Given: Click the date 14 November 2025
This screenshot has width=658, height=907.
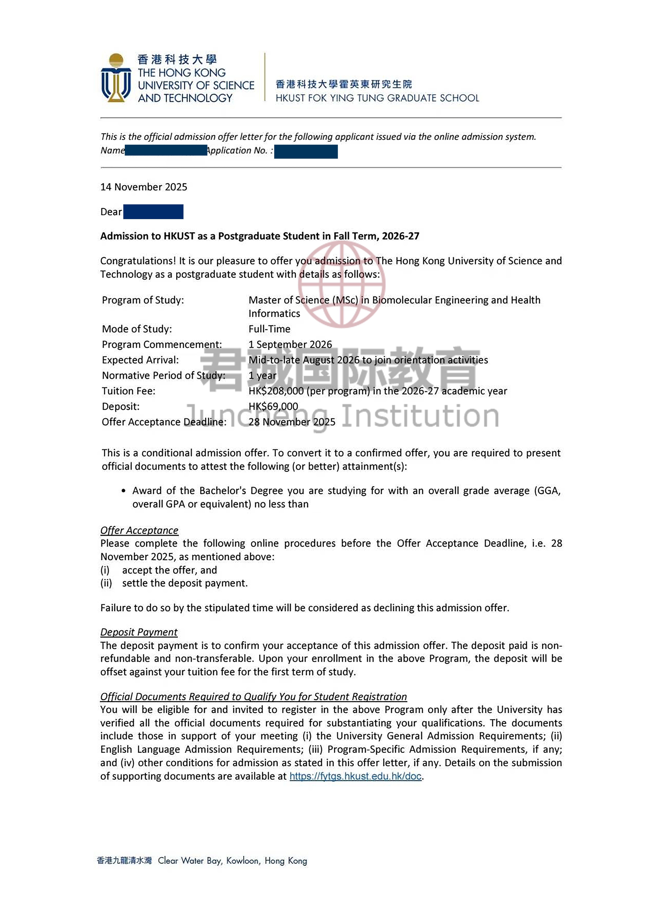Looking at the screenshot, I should pyautogui.click(x=143, y=187).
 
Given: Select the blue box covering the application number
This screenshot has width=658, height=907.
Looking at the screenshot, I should pyautogui.click(x=306, y=152).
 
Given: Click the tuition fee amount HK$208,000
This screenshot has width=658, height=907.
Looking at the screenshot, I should pyautogui.click(x=276, y=391).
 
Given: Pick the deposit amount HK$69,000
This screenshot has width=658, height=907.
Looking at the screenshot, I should pyautogui.click(x=273, y=406).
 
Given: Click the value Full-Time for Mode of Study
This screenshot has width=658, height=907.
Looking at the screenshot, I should pyautogui.click(x=269, y=329).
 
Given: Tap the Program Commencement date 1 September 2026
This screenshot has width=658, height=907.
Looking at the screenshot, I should pyautogui.click(x=290, y=344).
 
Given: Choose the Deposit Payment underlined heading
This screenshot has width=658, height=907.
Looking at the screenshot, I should pyautogui.click(x=139, y=632).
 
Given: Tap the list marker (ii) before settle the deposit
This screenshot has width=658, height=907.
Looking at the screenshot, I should pyautogui.click(x=106, y=583).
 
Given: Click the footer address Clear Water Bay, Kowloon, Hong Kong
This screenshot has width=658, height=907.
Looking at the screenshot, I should pyautogui.click(x=232, y=861).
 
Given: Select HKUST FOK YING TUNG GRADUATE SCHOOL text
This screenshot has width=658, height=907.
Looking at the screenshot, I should pyautogui.click(x=377, y=98).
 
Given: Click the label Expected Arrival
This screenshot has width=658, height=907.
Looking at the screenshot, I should pyautogui.click(x=140, y=360).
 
